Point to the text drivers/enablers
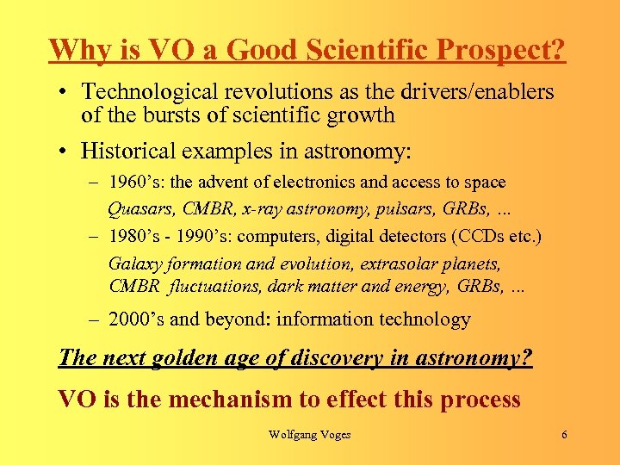click(x=473, y=92)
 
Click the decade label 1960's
click(x=133, y=183)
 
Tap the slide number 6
click(x=564, y=435)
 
